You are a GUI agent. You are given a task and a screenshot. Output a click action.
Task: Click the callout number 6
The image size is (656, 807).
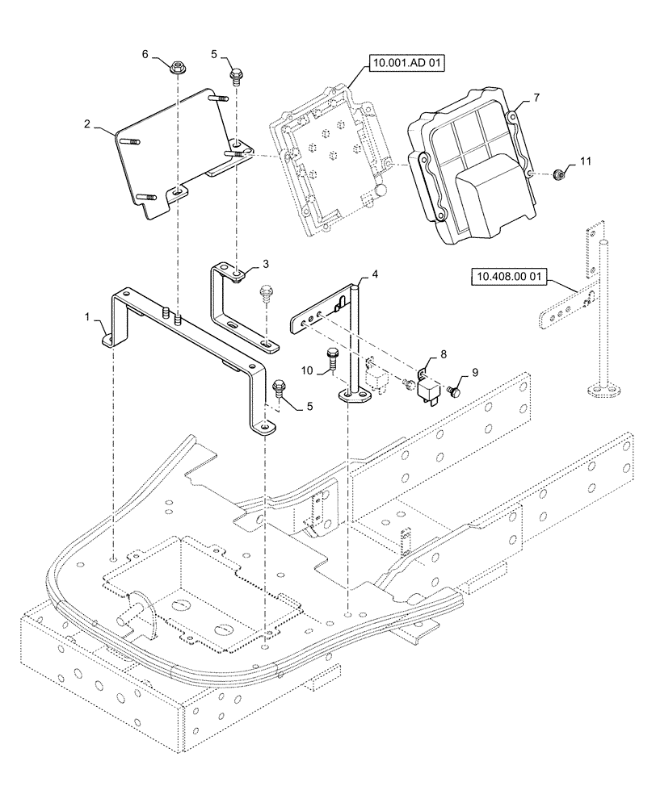(145, 54)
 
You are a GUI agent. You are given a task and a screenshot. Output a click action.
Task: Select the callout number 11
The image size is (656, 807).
(586, 162)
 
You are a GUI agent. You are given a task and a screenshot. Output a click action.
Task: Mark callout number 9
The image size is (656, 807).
(474, 372)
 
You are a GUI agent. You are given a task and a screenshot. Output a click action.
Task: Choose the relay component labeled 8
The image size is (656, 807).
(424, 388)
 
